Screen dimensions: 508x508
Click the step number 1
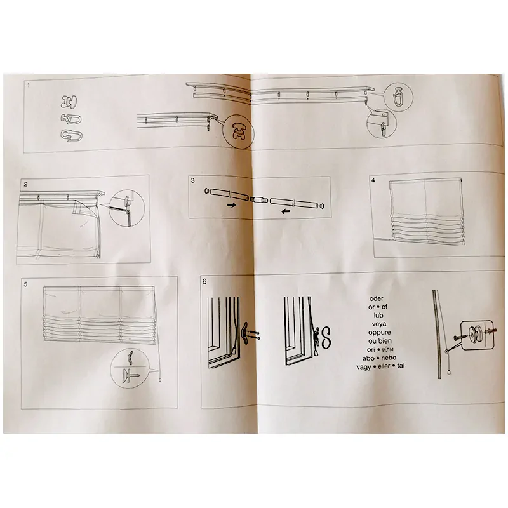coord(29,85)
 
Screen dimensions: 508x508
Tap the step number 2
coord(25,184)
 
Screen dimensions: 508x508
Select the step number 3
coord(193,180)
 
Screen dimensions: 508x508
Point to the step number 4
coord(373,180)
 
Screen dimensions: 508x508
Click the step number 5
coord(25,284)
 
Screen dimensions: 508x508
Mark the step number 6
coord(204,281)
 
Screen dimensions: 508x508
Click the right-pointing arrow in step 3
coord(231,204)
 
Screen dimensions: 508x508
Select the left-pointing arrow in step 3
coord(285,211)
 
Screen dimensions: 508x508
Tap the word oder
coord(376,298)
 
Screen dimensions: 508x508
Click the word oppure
coord(379,332)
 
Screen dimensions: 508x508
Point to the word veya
coord(378,324)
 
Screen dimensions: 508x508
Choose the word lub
coord(378,315)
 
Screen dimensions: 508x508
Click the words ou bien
coord(380,341)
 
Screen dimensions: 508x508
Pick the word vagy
coord(363,367)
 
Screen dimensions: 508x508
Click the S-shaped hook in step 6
coord(326,337)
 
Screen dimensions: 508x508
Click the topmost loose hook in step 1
coord(69,102)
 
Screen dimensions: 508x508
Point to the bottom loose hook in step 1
coord(71,135)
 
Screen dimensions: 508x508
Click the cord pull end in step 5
coord(160,379)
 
